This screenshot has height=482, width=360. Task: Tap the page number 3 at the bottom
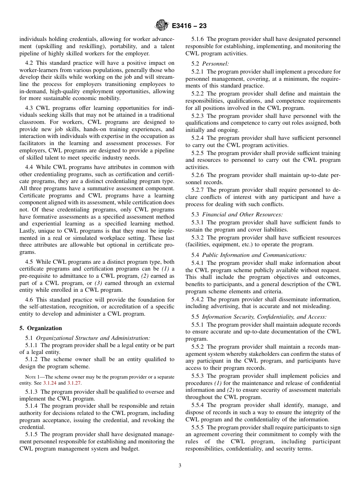(180, 466)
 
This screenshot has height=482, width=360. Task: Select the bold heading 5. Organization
(41, 328)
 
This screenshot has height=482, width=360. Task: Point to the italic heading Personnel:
(215, 64)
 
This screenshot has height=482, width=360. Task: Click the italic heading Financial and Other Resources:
(242, 214)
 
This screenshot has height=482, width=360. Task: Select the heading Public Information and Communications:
(254, 255)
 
